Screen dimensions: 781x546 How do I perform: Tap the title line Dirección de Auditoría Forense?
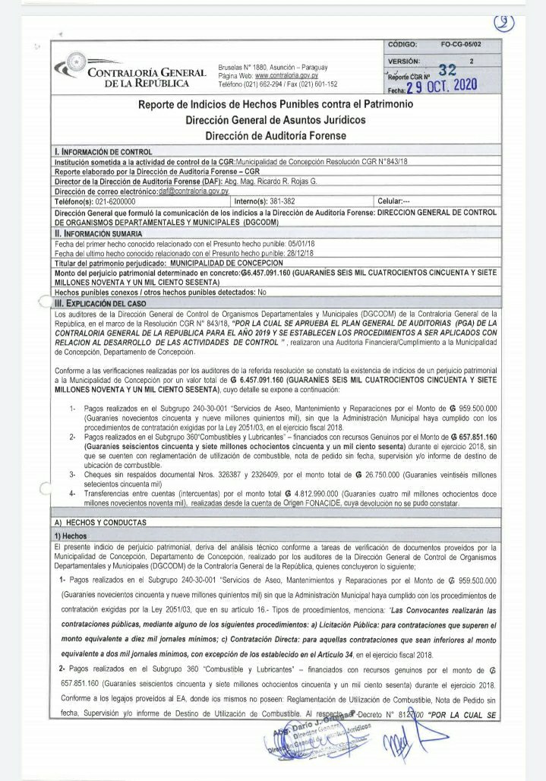275,135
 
